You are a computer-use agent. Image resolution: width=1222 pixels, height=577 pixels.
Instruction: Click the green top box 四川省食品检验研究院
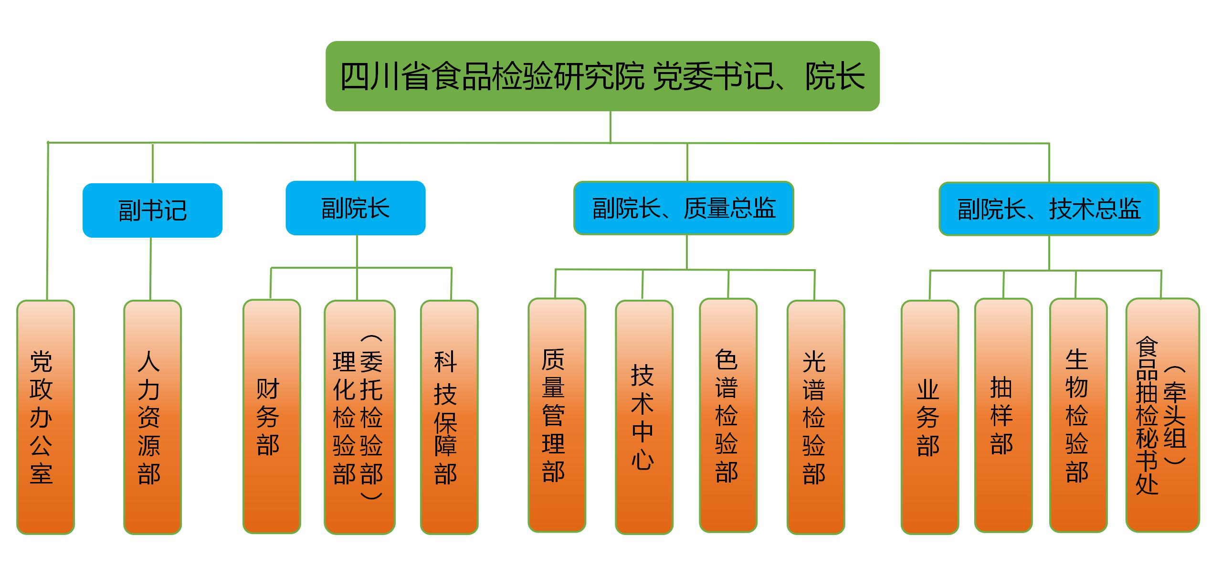(x=602, y=76)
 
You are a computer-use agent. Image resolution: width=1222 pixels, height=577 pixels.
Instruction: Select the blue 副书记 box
(x=152, y=210)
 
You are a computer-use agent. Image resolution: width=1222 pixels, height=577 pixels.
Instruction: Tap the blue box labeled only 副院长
(x=355, y=208)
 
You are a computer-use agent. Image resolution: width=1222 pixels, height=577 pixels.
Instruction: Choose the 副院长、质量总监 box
(x=684, y=208)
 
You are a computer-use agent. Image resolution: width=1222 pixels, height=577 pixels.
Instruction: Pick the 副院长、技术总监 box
(x=1049, y=209)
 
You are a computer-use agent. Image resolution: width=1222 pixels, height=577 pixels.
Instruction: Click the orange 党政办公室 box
(x=45, y=417)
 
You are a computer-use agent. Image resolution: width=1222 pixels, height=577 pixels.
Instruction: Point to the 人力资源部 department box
(x=152, y=417)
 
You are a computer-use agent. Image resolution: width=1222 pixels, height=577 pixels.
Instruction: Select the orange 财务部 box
(x=272, y=417)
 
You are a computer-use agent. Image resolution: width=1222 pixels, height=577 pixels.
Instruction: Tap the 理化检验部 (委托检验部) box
(x=359, y=417)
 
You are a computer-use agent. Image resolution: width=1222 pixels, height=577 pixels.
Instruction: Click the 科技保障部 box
(x=449, y=417)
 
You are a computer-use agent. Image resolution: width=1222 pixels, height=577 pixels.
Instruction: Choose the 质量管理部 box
(x=557, y=415)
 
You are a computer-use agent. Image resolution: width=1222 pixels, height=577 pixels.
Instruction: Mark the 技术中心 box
(x=644, y=417)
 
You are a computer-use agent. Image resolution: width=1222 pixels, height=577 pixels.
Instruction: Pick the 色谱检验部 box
(x=728, y=415)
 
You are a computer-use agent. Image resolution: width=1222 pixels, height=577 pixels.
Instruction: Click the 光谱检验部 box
(x=815, y=417)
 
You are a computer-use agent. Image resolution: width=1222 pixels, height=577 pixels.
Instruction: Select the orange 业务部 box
(x=929, y=417)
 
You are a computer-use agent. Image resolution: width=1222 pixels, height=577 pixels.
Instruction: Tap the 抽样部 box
(x=1003, y=415)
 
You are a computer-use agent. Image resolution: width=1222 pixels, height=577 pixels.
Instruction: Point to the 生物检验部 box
(x=1078, y=415)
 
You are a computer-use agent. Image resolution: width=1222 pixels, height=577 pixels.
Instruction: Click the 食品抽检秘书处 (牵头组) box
(x=1162, y=415)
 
